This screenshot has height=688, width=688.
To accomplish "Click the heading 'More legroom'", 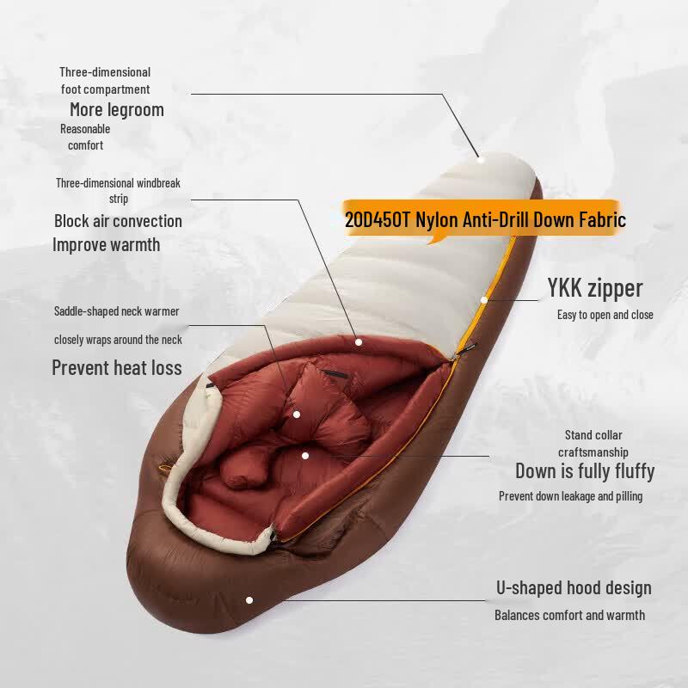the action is [117, 110].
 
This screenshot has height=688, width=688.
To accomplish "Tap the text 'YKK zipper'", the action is [595, 289].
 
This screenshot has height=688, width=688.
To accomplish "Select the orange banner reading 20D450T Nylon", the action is [482, 219].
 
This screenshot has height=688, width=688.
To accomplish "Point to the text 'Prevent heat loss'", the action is [117, 368].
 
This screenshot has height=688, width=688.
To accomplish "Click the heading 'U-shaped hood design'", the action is [574, 588].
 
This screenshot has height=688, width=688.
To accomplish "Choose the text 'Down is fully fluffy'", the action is [585, 471].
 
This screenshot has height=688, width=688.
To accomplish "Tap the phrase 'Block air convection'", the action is [118, 221].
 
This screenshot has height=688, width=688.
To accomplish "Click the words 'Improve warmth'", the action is [106, 245].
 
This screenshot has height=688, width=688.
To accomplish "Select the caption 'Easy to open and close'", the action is [605, 315].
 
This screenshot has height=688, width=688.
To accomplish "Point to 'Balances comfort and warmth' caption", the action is [569, 615].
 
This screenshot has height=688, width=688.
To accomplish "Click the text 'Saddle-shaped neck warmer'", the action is [116, 311].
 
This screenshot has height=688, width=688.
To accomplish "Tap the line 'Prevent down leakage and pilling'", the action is [570, 496].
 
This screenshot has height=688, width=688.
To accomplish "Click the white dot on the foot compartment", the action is [481, 159].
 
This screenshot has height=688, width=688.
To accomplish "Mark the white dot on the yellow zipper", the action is [484, 300].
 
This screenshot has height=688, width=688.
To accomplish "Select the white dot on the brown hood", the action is [249, 599].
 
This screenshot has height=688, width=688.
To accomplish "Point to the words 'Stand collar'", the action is [593, 435].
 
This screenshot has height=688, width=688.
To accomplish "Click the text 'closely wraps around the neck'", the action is [118, 340].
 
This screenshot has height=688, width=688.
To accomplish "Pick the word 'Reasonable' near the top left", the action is [85, 129].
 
